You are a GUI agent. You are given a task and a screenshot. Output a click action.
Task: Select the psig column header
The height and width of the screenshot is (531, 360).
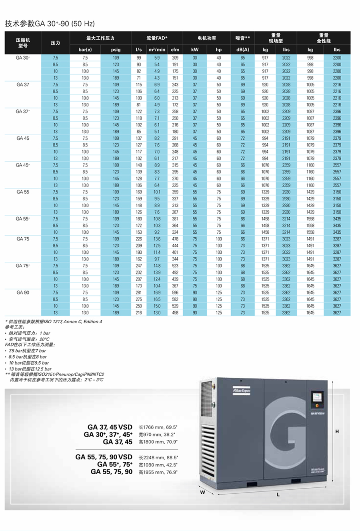coord(115,50)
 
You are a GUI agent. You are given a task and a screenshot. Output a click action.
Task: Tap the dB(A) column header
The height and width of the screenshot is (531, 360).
coord(242,50)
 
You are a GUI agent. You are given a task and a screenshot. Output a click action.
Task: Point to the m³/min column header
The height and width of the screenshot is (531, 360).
coord(157,50)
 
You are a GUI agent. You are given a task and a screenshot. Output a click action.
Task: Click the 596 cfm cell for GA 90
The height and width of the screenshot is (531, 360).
coord(175,293)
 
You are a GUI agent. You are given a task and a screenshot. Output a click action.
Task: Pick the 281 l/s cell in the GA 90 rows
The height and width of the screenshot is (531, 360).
coord(139,293)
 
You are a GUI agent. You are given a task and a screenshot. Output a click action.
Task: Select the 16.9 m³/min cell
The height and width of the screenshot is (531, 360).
coord(157,293)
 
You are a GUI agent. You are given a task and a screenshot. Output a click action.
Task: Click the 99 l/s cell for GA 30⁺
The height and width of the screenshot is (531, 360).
coord(139,58)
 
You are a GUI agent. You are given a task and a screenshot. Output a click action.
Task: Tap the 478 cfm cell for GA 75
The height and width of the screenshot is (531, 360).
coord(175,239)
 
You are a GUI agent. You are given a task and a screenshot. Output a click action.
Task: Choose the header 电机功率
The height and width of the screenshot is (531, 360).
coord(207,38)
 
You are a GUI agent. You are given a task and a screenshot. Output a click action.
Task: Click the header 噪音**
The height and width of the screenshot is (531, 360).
coord(242,38)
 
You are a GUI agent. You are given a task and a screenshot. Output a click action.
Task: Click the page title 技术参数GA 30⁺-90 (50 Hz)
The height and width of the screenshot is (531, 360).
coord(50,24)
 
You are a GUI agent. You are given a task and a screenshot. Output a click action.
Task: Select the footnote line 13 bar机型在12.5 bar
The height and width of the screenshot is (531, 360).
coord(30,369)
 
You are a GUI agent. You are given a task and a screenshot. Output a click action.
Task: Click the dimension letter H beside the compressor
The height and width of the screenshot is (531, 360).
coord(337,431)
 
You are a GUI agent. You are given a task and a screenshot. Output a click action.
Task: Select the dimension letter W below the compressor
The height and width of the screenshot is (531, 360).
coord(202,492)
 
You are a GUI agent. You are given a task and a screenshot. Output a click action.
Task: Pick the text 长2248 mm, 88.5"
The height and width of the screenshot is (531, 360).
coord(158,457)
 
